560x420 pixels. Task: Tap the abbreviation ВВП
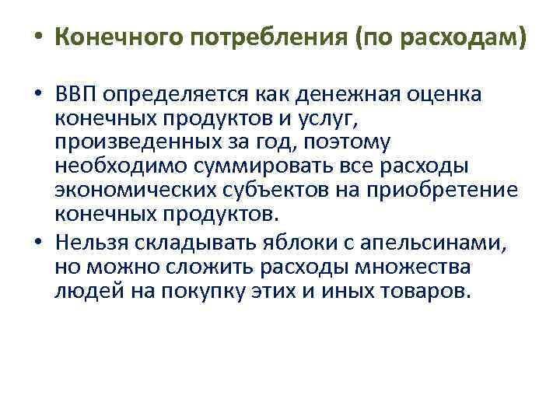pos(77,95)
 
